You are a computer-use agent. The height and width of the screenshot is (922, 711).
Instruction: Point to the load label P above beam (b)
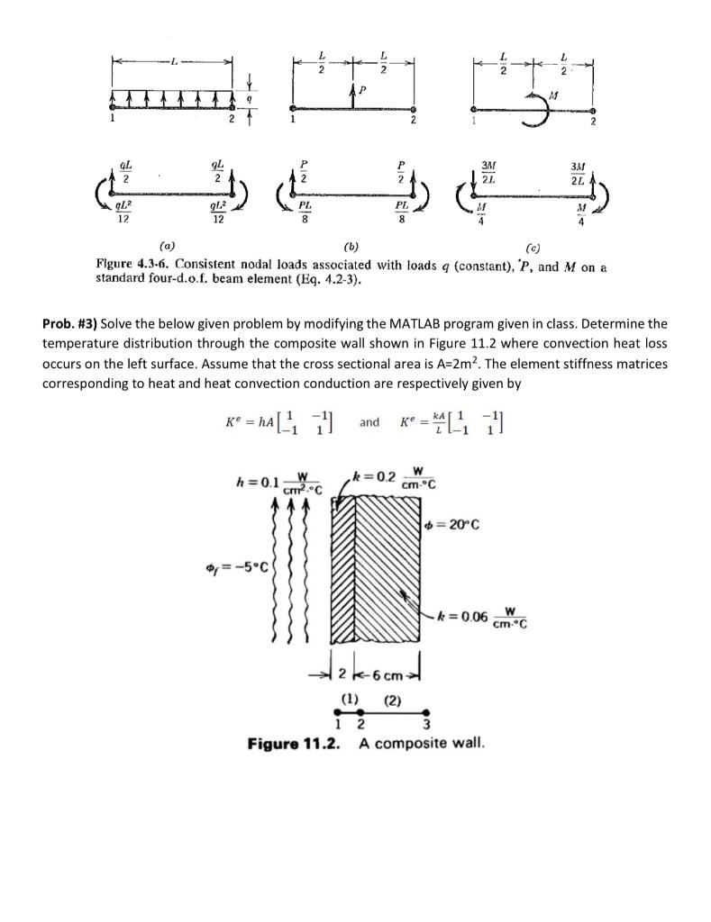pos(363,91)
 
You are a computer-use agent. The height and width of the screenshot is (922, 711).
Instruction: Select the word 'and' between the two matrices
pos(369,421)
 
